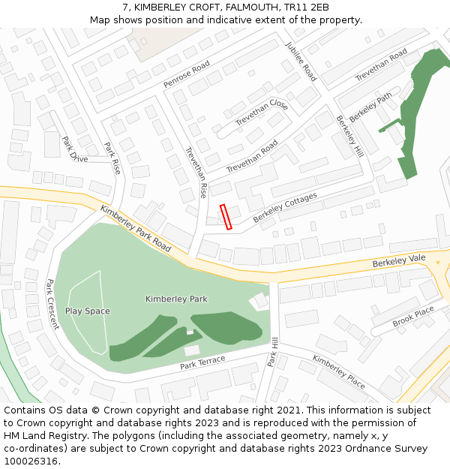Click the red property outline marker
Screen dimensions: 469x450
[x=226, y=216]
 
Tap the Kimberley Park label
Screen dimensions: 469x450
[x=176, y=299]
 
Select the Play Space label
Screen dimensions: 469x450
[x=87, y=311]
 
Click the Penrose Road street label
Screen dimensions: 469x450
[x=187, y=75]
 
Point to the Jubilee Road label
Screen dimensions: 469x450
[x=301, y=62]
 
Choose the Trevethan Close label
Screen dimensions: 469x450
[x=262, y=113]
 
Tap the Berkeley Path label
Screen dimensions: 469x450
[x=370, y=107]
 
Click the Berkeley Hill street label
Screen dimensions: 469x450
[x=349, y=136]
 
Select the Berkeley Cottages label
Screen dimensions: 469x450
[x=285, y=207]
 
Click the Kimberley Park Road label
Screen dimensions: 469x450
[x=135, y=228]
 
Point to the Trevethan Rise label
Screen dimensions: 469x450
[x=196, y=172]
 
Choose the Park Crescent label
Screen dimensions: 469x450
[x=52, y=305]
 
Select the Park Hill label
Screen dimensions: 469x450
[x=274, y=351]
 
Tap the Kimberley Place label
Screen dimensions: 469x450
[x=339, y=371]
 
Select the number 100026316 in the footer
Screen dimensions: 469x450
[x=29, y=461]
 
